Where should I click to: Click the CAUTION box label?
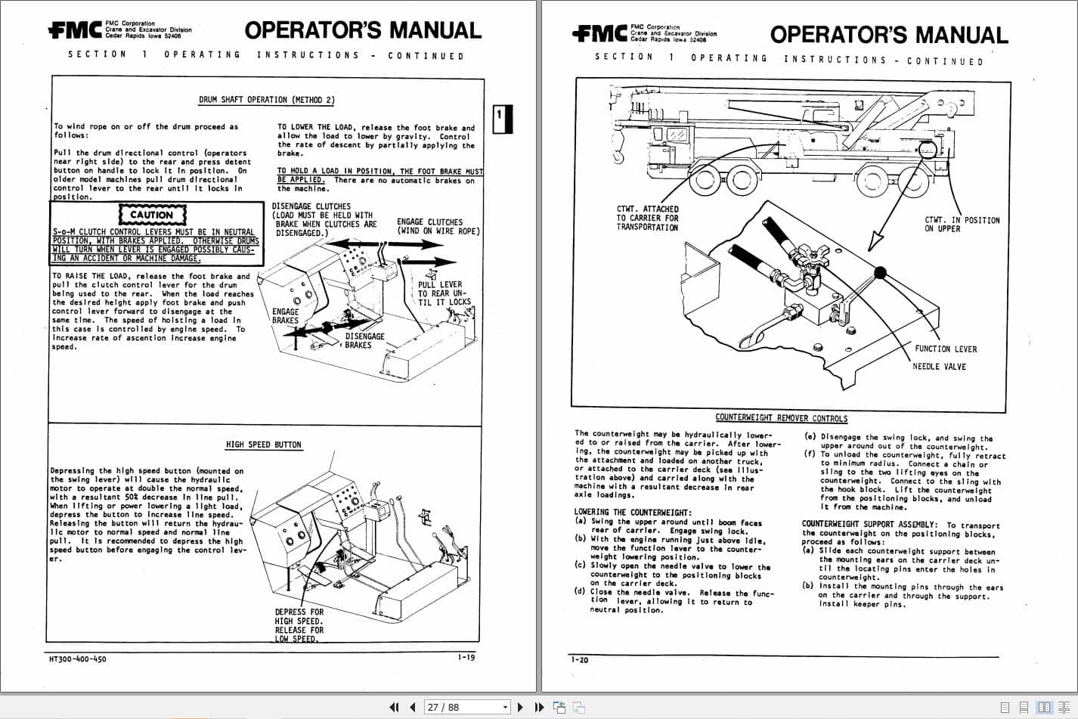coord(151,215)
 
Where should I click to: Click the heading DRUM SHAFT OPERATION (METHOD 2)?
coord(266,100)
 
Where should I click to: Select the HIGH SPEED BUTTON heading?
coord(263,445)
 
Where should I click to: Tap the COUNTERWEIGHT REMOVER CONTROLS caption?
coord(781,418)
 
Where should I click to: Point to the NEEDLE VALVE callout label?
coord(939,367)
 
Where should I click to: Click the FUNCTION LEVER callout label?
coord(945,349)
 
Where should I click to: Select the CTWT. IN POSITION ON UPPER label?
coord(961,225)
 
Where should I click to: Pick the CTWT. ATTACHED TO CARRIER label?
coord(647,218)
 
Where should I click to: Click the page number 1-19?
coord(466,657)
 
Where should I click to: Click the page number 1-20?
coord(579,660)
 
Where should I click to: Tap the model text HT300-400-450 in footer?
coord(78,659)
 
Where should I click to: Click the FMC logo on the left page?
coord(74,30)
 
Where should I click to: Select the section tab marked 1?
coord(501,119)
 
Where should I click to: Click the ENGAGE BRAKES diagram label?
coord(285,316)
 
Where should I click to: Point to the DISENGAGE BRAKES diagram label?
coord(364,341)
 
